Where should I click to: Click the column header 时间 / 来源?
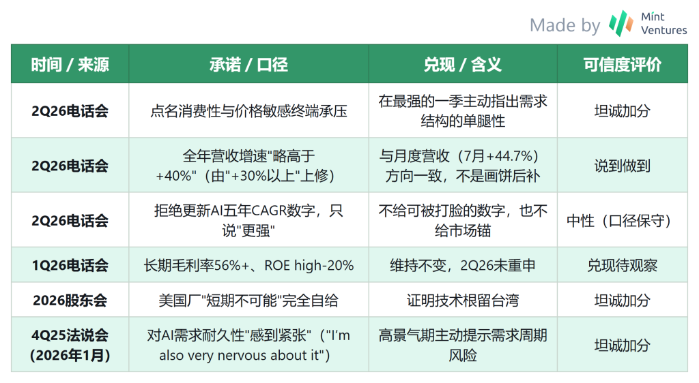pyautogui.click(x=70, y=65)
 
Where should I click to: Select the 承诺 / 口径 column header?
pyautogui.click(x=248, y=65)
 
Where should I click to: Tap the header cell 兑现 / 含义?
pyautogui.click(x=463, y=65)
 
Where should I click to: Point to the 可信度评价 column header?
pyautogui.click(x=623, y=65)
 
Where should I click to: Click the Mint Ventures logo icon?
pyautogui.click(x=621, y=23)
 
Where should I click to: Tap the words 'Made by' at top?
pyautogui.click(x=565, y=25)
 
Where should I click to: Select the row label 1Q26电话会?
pyautogui.click(x=70, y=265)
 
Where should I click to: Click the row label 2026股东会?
pyautogui.click(x=70, y=301)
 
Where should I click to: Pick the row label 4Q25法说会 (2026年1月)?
pyautogui.click(x=70, y=346)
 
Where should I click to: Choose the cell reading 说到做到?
pyautogui.click(x=623, y=166)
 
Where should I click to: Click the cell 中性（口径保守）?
pyautogui.click(x=623, y=221)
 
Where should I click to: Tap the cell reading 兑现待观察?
pyautogui.click(x=623, y=265)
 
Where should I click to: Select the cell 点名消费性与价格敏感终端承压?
pyautogui.click(x=248, y=111)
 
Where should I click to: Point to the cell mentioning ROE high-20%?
pyautogui.click(x=248, y=265)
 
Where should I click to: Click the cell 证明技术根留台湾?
pyautogui.click(x=463, y=301)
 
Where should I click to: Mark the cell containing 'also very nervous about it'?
pyautogui.click(x=248, y=346)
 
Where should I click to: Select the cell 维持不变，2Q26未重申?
pyautogui.click(x=463, y=265)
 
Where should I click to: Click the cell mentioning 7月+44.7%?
pyautogui.click(x=463, y=166)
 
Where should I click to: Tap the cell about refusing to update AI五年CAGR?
pyautogui.click(x=248, y=221)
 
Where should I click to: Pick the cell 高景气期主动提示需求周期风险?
pyautogui.click(x=463, y=346)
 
